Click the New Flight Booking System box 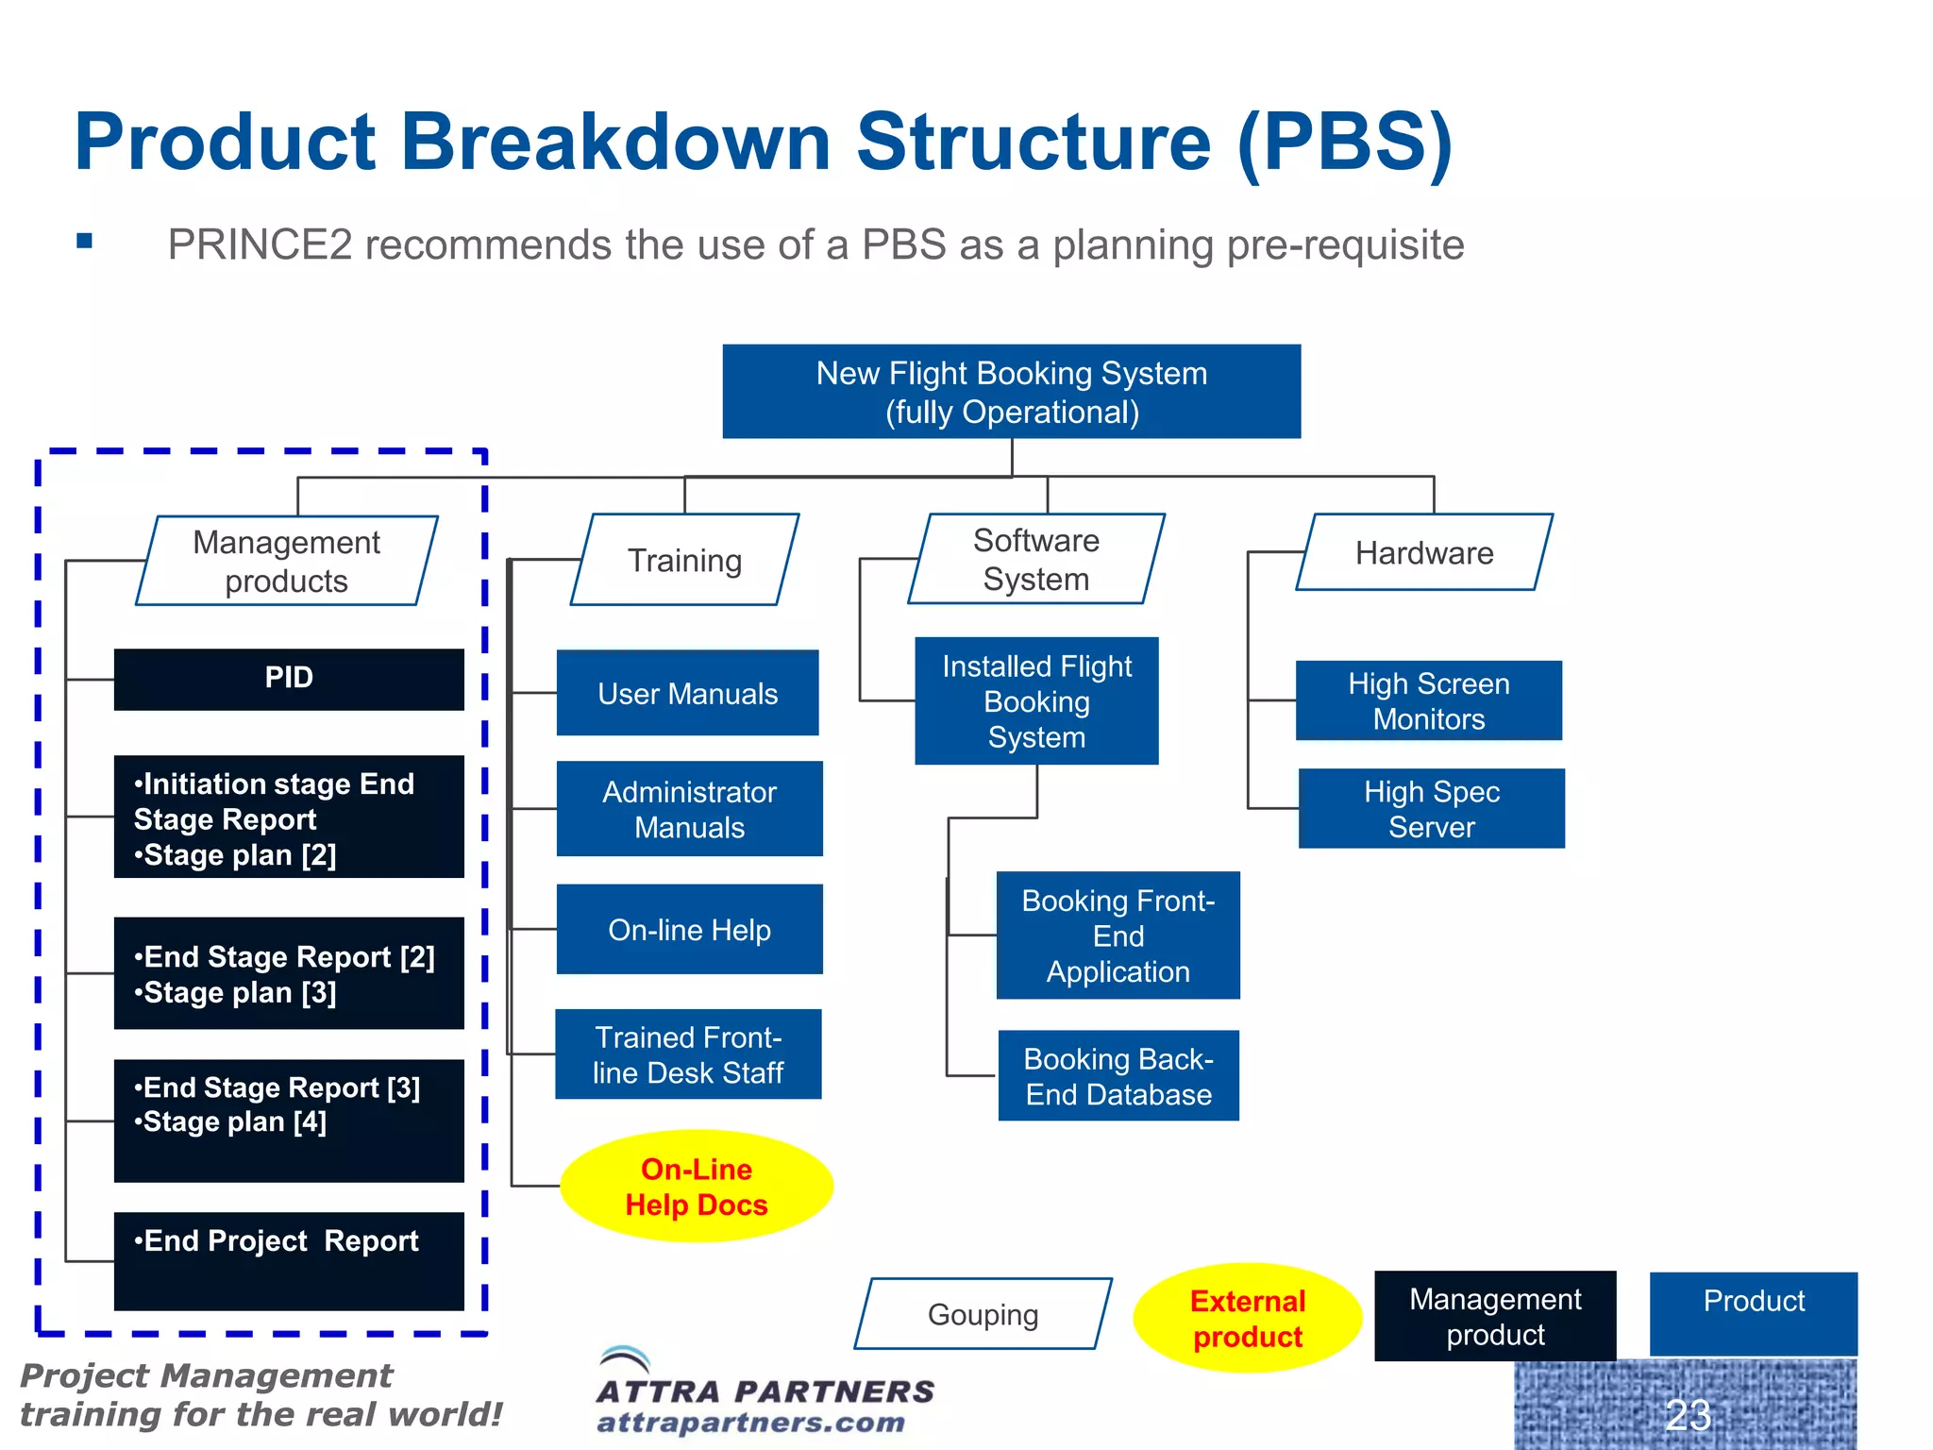tap(1011, 392)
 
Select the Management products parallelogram tap(287, 561)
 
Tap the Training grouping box tap(685, 560)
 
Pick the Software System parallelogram tap(1036, 559)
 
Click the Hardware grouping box tap(1424, 552)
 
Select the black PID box tap(289, 679)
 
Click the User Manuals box tap(687, 694)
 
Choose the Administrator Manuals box tap(689, 809)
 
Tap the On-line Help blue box tap(689, 930)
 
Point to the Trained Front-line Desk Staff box tap(688, 1054)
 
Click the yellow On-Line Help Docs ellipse tap(697, 1187)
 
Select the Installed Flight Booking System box tap(1036, 701)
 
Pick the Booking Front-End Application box tap(1118, 936)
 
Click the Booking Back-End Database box tap(1118, 1076)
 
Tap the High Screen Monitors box tap(1428, 701)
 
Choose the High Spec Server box tap(1431, 809)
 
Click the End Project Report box tap(289, 1260)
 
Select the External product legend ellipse tap(1247, 1318)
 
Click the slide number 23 tap(1688, 1414)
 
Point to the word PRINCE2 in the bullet tap(260, 245)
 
